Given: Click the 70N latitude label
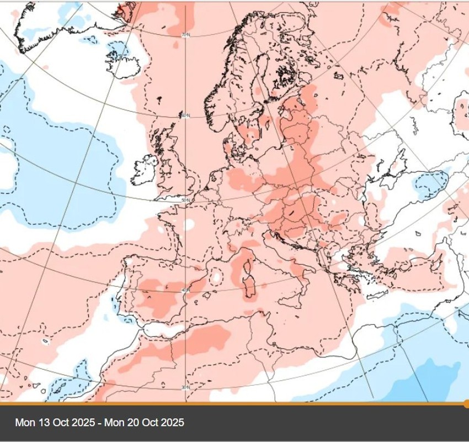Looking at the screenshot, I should (x=186, y=35).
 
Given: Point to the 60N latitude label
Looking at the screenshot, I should (x=185, y=115).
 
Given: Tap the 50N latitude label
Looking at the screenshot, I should (x=185, y=199).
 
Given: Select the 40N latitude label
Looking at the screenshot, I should (x=185, y=290).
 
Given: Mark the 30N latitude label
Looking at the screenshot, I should (x=185, y=388).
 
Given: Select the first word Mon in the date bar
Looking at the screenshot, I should (x=24, y=423).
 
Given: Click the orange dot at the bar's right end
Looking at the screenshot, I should (x=467, y=403).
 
